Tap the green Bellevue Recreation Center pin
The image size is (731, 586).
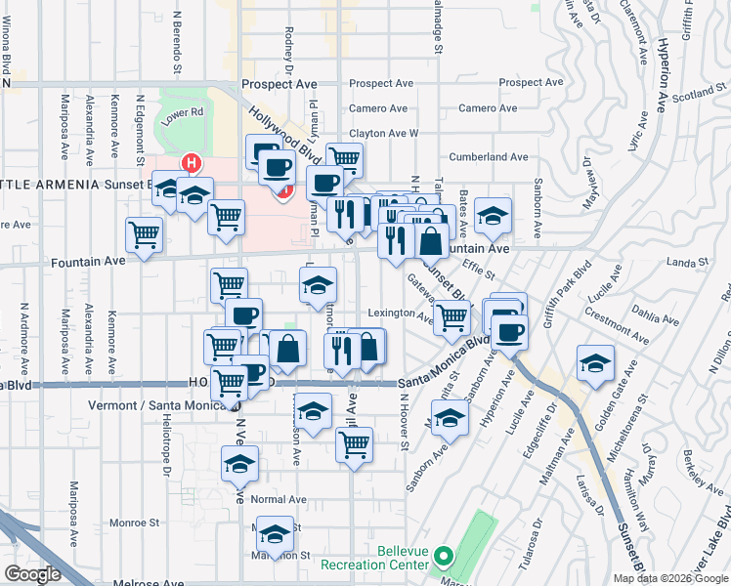(x=443, y=558)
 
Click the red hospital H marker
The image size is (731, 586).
(x=193, y=163)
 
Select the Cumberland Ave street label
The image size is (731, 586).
(x=488, y=156)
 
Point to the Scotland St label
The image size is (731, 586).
(x=696, y=95)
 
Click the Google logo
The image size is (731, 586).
(x=31, y=573)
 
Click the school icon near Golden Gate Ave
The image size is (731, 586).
(x=595, y=362)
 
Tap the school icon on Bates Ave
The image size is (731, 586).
(x=493, y=214)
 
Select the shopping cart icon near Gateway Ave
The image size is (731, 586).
(x=451, y=316)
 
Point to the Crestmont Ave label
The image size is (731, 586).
(x=615, y=325)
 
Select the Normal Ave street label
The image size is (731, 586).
(x=279, y=499)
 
